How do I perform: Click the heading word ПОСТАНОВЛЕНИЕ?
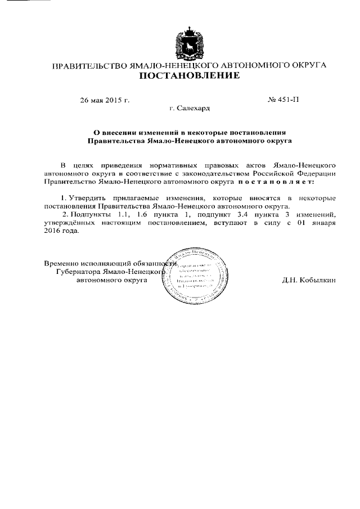coord(189,76)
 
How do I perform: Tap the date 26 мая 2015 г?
coord(105,101)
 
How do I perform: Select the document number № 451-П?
coord(285,101)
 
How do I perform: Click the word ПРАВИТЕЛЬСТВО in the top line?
coord(89,66)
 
